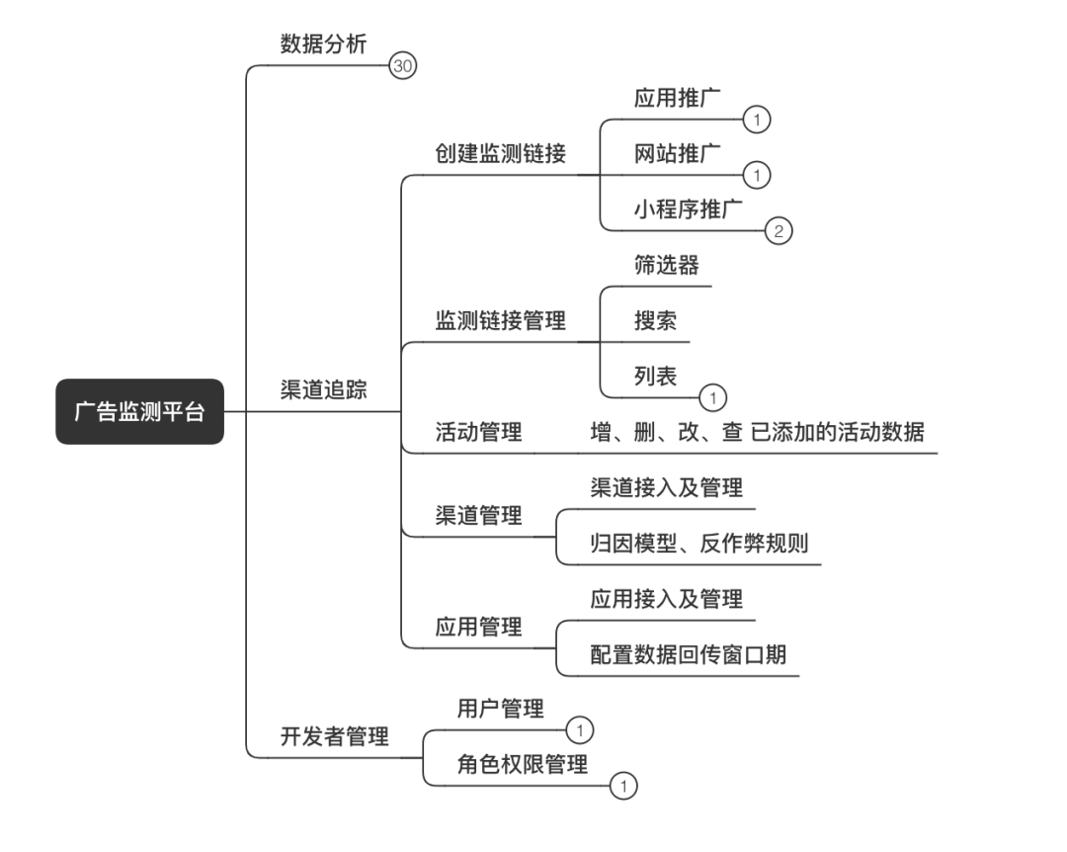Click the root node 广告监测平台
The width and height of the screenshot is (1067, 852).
click(x=139, y=411)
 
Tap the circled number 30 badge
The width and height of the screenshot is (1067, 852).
click(x=403, y=66)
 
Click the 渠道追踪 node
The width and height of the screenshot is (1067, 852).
click(x=323, y=389)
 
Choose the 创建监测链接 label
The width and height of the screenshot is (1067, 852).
click(x=501, y=153)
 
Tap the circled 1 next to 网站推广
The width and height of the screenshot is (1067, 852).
click(x=756, y=175)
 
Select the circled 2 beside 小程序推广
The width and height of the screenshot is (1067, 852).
click(x=779, y=231)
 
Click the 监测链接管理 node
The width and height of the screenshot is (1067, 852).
click(x=501, y=320)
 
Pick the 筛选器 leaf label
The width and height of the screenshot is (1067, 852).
click(x=667, y=265)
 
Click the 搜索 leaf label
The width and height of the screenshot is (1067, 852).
click(x=655, y=320)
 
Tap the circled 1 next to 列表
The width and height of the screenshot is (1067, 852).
click(x=712, y=397)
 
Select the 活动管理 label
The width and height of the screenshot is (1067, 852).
click(x=479, y=432)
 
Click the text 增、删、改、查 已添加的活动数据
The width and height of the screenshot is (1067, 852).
click(x=757, y=432)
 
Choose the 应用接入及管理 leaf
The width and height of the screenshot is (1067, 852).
click(x=667, y=598)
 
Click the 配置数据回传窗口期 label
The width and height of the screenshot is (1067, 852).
click(x=689, y=654)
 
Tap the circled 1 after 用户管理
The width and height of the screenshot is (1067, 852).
click(x=580, y=730)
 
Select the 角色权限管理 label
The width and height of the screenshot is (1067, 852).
click(x=523, y=764)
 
